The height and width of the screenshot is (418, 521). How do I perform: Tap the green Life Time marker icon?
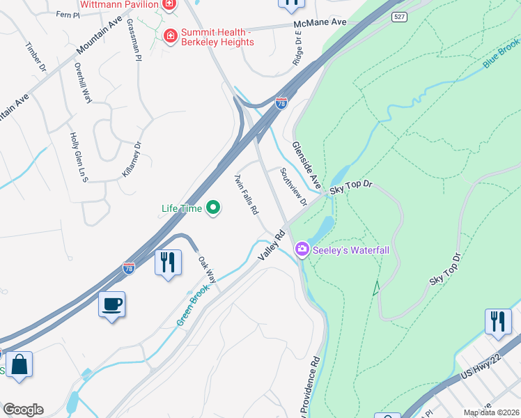(214, 208)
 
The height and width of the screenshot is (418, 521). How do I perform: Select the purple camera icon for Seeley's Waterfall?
(302, 249)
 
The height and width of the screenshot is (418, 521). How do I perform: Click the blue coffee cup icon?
(111, 304)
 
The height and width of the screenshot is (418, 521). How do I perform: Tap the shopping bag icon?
(19, 365)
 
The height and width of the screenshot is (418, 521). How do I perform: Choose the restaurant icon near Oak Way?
(167, 263)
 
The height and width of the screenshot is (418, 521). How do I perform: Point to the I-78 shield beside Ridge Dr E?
(281, 103)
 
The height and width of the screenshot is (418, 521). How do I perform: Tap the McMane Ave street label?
(319, 23)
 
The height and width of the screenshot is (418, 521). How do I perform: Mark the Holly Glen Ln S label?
(78, 157)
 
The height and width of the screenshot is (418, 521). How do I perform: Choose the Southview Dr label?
(293, 187)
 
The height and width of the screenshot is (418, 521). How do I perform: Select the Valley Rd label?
(272, 246)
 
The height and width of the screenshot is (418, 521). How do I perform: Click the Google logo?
(23, 410)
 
